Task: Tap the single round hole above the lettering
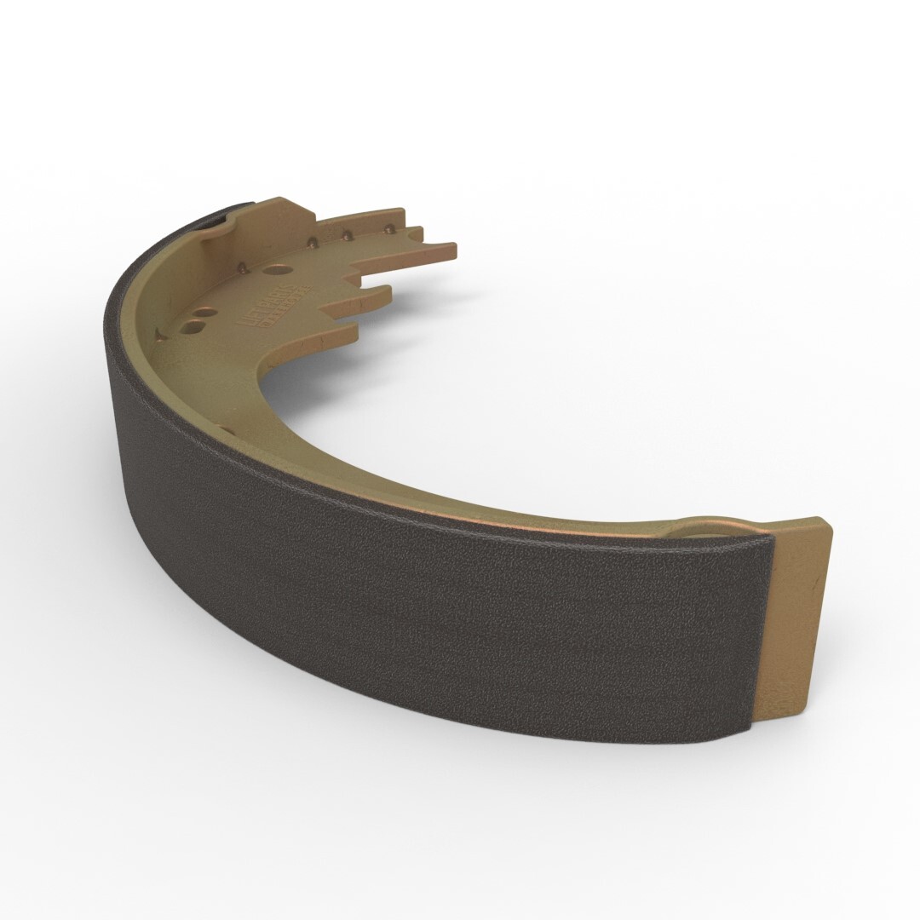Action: pyautogui.click(x=274, y=268)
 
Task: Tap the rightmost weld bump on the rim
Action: pyautogui.click(x=390, y=228)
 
